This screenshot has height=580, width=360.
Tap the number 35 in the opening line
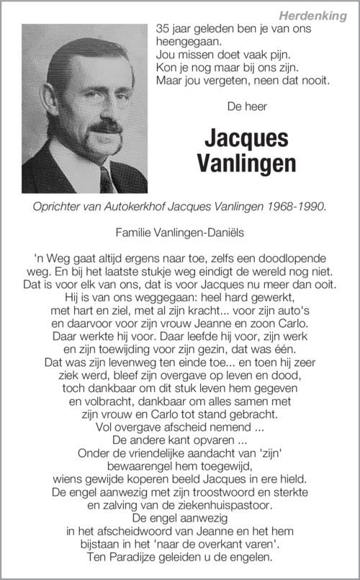(x=163, y=29)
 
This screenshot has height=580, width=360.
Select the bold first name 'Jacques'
(x=235, y=138)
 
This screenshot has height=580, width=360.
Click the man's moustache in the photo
(x=106, y=128)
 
